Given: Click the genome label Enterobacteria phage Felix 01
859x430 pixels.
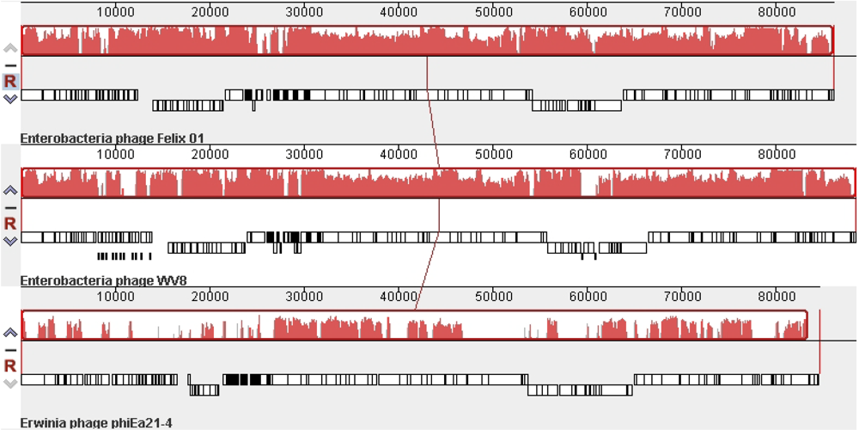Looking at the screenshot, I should (x=112, y=138).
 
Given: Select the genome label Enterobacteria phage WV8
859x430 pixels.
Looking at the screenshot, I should (x=103, y=280).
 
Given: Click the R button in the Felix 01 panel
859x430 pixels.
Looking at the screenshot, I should (x=10, y=81).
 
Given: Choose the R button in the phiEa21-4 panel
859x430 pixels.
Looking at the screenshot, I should (x=10, y=365).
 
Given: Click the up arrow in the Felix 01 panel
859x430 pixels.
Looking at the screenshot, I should (x=10, y=48).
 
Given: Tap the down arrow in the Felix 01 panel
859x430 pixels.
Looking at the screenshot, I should (x=10, y=99).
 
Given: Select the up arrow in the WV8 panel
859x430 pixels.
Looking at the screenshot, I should (x=10, y=190).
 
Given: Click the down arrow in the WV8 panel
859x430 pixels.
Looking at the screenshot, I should (x=10, y=241).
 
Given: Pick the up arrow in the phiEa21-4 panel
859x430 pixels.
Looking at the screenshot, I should (x=10, y=333).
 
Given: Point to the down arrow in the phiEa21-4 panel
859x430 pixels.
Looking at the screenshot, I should (x=10, y=383).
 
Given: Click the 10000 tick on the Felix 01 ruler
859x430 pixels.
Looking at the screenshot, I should (x=116, y=12).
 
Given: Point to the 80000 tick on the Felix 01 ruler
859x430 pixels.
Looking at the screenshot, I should (x=777, y=12).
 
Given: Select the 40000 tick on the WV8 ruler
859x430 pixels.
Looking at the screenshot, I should (x=399, y=155).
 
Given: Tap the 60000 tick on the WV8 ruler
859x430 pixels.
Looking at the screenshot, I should (x=588, y=155).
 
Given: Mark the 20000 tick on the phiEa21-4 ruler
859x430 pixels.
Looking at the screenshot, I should (x=210, y=297).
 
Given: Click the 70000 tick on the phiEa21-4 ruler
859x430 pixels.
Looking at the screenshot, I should (x=682, y=297).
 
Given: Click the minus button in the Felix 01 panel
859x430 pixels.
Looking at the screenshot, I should (x=10, y=64).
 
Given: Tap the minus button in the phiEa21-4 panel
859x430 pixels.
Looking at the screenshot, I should (x=10, y=349).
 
